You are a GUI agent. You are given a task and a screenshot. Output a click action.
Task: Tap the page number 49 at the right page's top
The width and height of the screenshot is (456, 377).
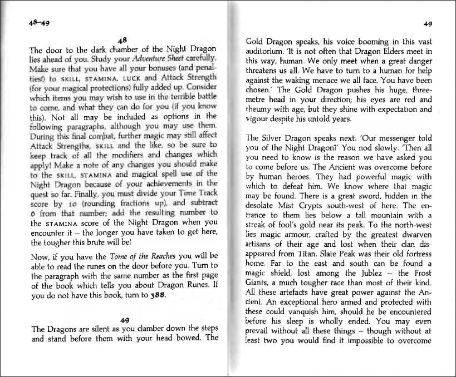428,24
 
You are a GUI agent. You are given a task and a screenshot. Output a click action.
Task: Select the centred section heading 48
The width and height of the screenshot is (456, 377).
124,39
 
